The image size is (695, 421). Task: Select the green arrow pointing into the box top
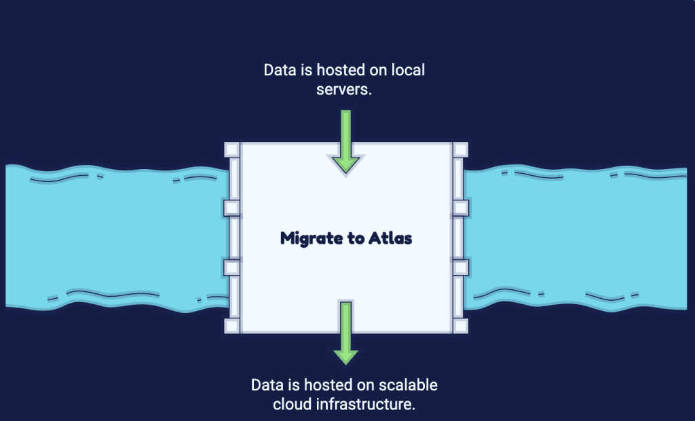[345, 142]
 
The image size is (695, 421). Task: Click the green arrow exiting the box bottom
[345, 333]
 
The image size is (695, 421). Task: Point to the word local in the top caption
[408, 70]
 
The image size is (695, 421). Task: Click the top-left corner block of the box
[232, 149]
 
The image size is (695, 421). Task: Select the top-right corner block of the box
[460, 149]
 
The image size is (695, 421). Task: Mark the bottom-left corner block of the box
[232, 326]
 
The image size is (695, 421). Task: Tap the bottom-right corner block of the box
[460, 326]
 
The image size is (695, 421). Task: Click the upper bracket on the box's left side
[232, 208]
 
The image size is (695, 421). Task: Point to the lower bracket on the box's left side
[232, 268]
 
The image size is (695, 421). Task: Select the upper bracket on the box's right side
[461, 208]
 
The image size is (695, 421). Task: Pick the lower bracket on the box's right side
[461, 268]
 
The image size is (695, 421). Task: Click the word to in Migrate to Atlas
[356, 238]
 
